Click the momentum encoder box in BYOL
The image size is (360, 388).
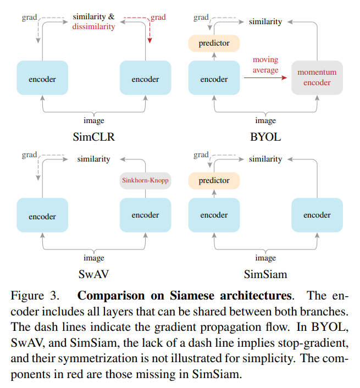(x=317, y=77)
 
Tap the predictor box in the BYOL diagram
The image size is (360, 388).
(x=214, y=43)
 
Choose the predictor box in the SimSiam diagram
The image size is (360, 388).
(x=214, y=180)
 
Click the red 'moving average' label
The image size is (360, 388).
(x=265, y=64)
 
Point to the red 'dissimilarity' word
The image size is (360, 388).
(x=93, y=26)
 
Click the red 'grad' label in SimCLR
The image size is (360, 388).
(x=158, y=17)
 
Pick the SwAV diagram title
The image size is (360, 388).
(x=93, y=273)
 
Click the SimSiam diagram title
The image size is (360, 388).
(x=265, y=273)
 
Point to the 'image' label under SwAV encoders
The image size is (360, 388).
(x=93, y=258)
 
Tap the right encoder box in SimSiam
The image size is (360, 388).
(x=317, y=215)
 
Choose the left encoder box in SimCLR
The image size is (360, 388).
(x=42, y=79)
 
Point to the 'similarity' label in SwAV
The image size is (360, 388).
(x=93, y=159)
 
